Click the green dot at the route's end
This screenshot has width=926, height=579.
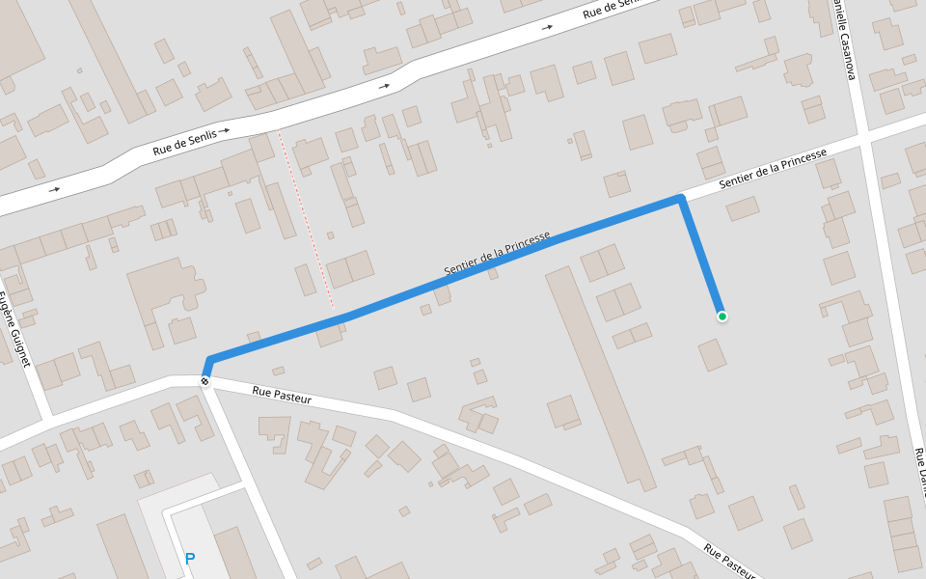click(722, 316)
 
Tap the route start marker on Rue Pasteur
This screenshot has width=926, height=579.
click(204, 381)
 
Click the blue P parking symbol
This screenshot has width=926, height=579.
click(190, 559)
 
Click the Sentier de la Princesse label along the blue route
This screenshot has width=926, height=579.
click(498, 253)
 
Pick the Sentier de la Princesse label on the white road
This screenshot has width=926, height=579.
click(773, 169)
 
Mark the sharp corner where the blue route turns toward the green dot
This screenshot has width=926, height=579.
click(681, 199)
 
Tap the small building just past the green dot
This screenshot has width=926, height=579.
click(712, 354)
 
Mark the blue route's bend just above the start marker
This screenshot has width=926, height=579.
click(209, 361)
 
